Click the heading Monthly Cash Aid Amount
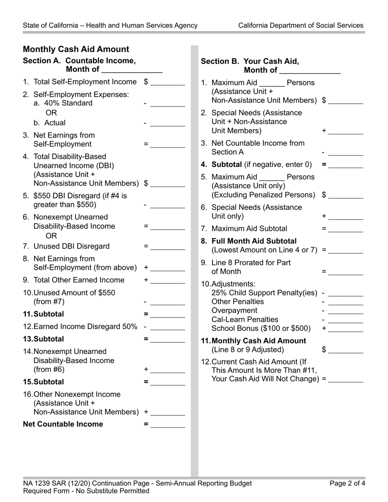[76, 49]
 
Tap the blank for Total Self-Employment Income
[167, 82]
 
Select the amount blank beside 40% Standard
[167, 104]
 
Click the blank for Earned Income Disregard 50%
[167, 327]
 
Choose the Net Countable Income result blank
[167, 424]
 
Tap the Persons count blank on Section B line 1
[272, 83]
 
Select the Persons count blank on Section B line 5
[272, 178]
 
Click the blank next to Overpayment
[346, 311]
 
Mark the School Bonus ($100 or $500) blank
[346, 329]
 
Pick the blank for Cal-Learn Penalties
[346, 320]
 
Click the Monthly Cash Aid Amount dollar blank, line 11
[346, 350]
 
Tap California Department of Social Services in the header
[301, 25]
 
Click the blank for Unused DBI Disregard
[167, 247]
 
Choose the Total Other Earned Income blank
[167, 281]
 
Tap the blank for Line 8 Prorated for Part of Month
[346, 272]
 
